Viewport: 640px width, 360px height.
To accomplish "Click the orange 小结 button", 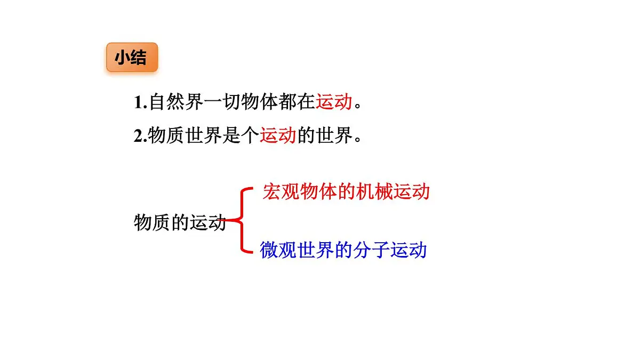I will [132, 57].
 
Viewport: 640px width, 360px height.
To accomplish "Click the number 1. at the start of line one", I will [140, 102].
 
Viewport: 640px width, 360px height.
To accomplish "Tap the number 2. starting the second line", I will [140, 136].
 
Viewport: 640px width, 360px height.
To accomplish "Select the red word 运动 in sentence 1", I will [333, 101].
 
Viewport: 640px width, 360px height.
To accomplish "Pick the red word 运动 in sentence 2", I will [278, 135].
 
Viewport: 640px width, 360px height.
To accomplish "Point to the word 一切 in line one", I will [222, 101].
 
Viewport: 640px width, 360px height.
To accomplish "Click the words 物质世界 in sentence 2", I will [185, 135].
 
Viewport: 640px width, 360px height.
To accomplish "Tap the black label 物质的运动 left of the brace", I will [180, 223].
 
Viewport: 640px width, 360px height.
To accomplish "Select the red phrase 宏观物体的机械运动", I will [346, 192].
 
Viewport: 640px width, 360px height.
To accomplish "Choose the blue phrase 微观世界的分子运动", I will [343, 250].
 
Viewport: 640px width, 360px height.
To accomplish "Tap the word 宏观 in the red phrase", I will [281, 192].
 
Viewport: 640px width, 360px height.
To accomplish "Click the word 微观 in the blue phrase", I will [278, 250].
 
